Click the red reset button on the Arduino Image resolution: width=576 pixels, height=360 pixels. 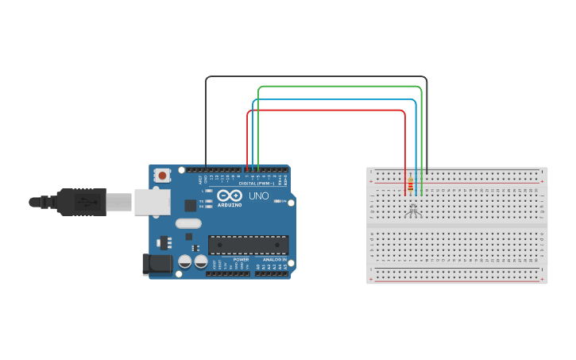[162, 175]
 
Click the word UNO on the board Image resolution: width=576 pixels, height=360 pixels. [259, 195]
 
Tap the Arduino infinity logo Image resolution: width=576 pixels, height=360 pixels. [229, 195]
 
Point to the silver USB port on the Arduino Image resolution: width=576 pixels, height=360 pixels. [152, 202]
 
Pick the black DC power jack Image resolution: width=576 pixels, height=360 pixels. [157, 264]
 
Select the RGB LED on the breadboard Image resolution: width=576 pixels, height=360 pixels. [412, 210]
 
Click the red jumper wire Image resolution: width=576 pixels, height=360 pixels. [326, 110]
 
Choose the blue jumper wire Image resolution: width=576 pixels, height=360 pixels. [334, 100]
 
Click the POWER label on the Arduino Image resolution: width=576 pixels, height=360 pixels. [241, 260]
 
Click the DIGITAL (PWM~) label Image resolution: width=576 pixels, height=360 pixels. [258, 183]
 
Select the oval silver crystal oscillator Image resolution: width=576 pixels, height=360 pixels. [188, 223]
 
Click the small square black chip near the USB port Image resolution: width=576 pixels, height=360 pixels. [190, 205]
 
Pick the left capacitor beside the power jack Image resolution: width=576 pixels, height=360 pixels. [185, 261]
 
